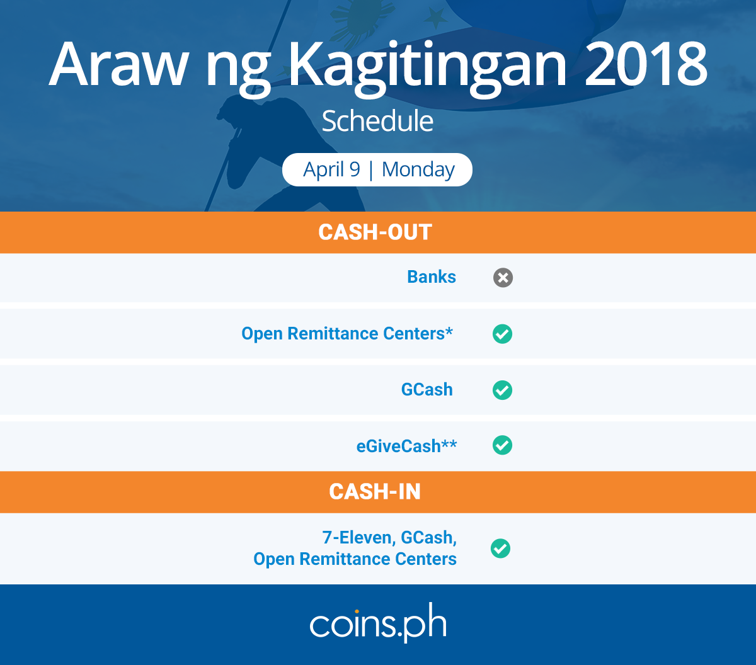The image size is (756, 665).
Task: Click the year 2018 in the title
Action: click(x=646, y=64)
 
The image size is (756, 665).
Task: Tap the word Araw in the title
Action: click(x=118, y=64)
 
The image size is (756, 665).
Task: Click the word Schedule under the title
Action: click(x=377, y=121)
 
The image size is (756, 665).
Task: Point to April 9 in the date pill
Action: click(x=332, y=169)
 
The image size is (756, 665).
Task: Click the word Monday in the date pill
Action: click(x=418, y=170)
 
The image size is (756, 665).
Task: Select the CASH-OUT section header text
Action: click(x=375, y=232)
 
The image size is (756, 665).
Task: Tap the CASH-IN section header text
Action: click(x=375, y=491)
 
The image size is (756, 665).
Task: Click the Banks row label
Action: click(x=432, y=277)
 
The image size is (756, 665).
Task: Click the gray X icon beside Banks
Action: click(x=503, y=278)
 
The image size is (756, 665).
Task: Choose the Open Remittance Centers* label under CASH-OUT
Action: click(x=347, y=333)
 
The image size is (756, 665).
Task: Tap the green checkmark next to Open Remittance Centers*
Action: click(x=502, y=334)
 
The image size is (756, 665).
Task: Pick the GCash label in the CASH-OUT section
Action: click(x=427, y=390)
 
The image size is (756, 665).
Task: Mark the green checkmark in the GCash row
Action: click(x=502, y=390)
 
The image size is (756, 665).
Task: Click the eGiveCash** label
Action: click(x=406, y=446)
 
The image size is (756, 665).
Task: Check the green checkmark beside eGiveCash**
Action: click(x=502, y=445)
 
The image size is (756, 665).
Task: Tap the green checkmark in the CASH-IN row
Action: click(x=500, y=548)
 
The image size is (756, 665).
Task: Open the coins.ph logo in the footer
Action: click(x=378, y=623)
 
